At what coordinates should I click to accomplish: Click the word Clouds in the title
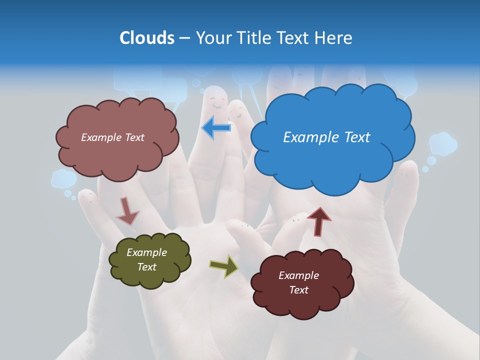(147, 38)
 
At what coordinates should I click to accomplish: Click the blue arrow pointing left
(216, 128)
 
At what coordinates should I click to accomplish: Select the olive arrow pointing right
(224, 266)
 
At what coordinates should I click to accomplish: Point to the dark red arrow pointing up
(319, 221)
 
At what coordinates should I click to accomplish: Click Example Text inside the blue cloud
(326, 137)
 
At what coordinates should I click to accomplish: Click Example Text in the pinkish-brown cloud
(112, 137)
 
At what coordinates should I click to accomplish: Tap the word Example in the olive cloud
(146, 252)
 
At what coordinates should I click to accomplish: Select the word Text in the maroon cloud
(298, 290)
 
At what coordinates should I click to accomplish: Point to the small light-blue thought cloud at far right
(443, 143)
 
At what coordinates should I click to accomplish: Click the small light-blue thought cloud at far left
(63, 178)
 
